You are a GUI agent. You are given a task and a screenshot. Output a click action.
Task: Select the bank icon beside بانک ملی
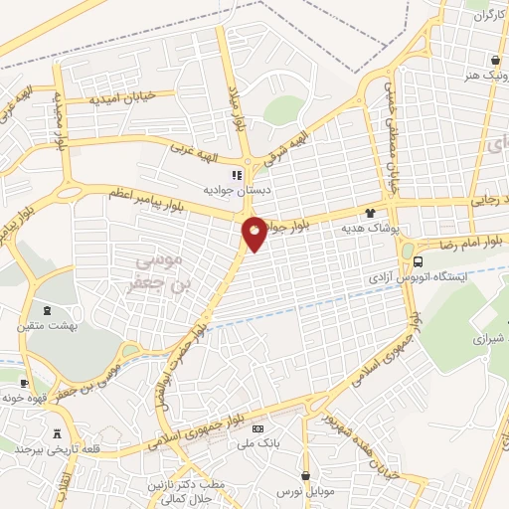click(x=259, y=428)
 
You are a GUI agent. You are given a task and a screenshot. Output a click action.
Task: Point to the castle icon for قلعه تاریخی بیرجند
click(x=57, y=433)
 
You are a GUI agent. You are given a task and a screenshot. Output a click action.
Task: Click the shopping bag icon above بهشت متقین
click(x=23, y=309)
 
